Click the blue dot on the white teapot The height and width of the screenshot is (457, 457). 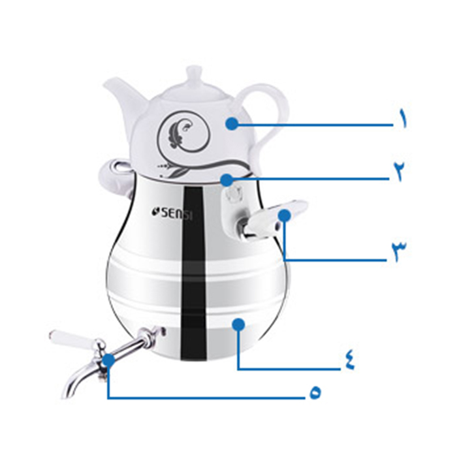tap(232, 123)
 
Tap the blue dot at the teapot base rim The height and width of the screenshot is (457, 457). tap(227, 180)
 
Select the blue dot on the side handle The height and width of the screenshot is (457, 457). tap(285, 215)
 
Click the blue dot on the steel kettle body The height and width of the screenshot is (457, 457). tap(239, 324)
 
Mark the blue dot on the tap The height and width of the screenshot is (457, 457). tap(109, 360)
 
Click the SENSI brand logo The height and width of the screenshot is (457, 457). tap(172, 213)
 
